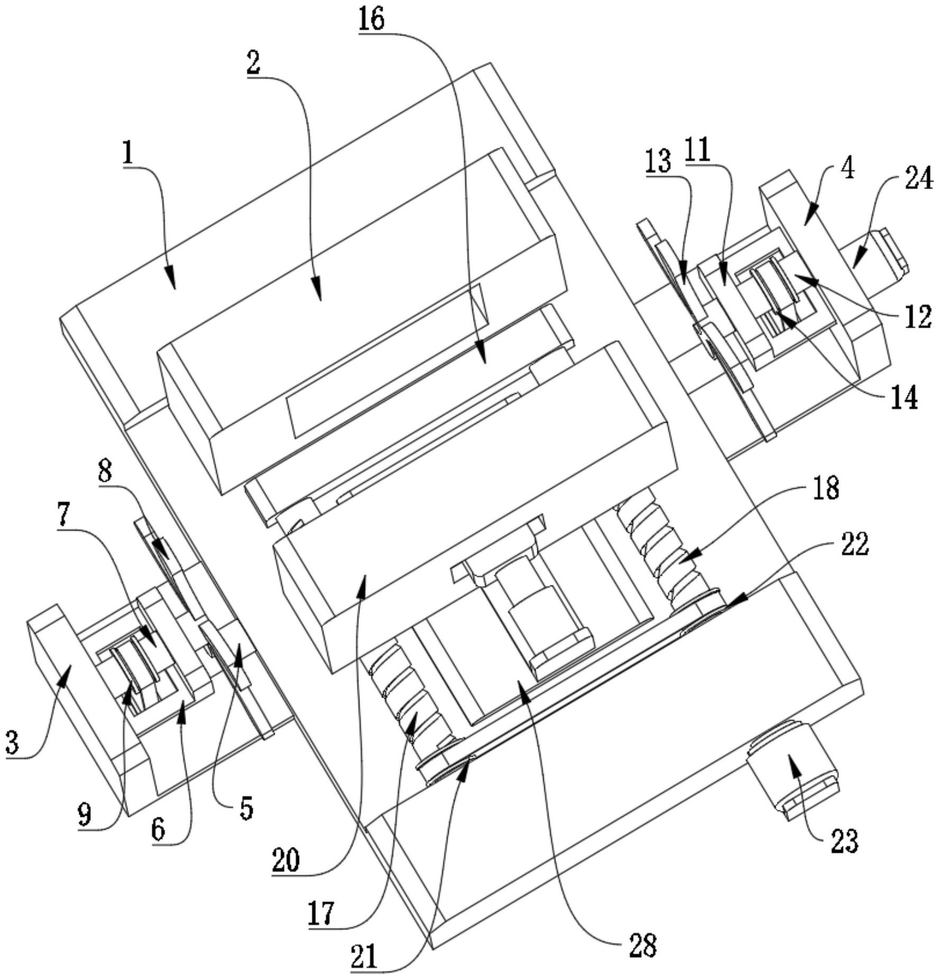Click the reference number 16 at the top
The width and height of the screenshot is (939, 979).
point(371,20)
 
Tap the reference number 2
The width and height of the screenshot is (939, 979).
point(254,64)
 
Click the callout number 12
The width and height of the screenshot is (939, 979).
point(917,317)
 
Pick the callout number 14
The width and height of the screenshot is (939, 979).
point(904,399)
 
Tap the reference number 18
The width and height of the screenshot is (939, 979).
point(827,489)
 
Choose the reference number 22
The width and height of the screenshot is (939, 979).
point(856,544)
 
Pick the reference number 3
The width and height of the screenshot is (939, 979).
point(12,742)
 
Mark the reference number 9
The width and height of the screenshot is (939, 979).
point(84,815)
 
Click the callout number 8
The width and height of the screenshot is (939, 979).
point(105,472)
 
